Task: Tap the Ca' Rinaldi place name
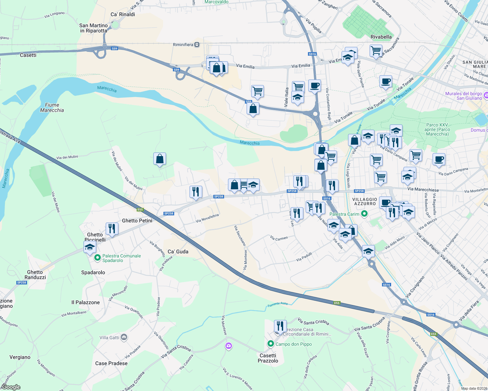click(x=123, y=14)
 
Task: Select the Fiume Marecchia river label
click(x=52, y=108)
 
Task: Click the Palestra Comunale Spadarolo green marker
click(x=97, y=258)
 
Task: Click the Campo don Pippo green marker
click(x=270, y=344)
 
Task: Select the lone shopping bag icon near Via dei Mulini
click(x=160, y=159)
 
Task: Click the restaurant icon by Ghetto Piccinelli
click(x=112, y=228)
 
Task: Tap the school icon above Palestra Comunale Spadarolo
click(x=90, y=247)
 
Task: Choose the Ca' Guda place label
click(x=178, y=252)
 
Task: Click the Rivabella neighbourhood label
click(x=381, y=37)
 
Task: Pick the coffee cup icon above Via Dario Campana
click(x=439, y=159)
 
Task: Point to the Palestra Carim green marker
click(x=365, y=214)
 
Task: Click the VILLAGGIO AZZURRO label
click(x=365, y=201)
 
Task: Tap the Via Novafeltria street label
click(x=207, y=218)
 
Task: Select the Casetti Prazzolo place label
click(x=268, y=358)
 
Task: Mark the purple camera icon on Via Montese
click(x=229, y=346)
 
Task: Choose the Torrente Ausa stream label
click(x=278, y=304)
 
